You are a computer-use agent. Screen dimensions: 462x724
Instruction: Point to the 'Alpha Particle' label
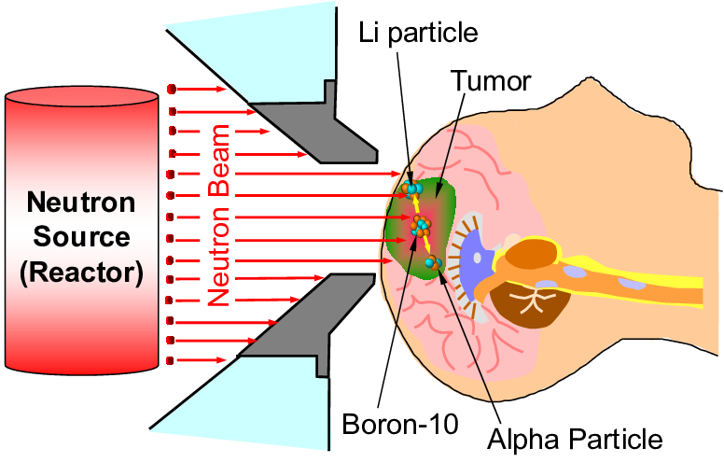[x=574, y=439]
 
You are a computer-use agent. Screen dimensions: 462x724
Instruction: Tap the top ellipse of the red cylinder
[x=80, y=99]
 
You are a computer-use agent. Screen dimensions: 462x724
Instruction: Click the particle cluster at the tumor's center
[x=422, y=225]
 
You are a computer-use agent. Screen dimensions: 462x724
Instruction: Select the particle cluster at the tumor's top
[x=411, y=189]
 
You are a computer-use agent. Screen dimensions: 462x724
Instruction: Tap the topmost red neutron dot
[x=171, y=89]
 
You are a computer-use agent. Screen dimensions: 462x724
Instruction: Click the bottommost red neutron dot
[x=170, y=360]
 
